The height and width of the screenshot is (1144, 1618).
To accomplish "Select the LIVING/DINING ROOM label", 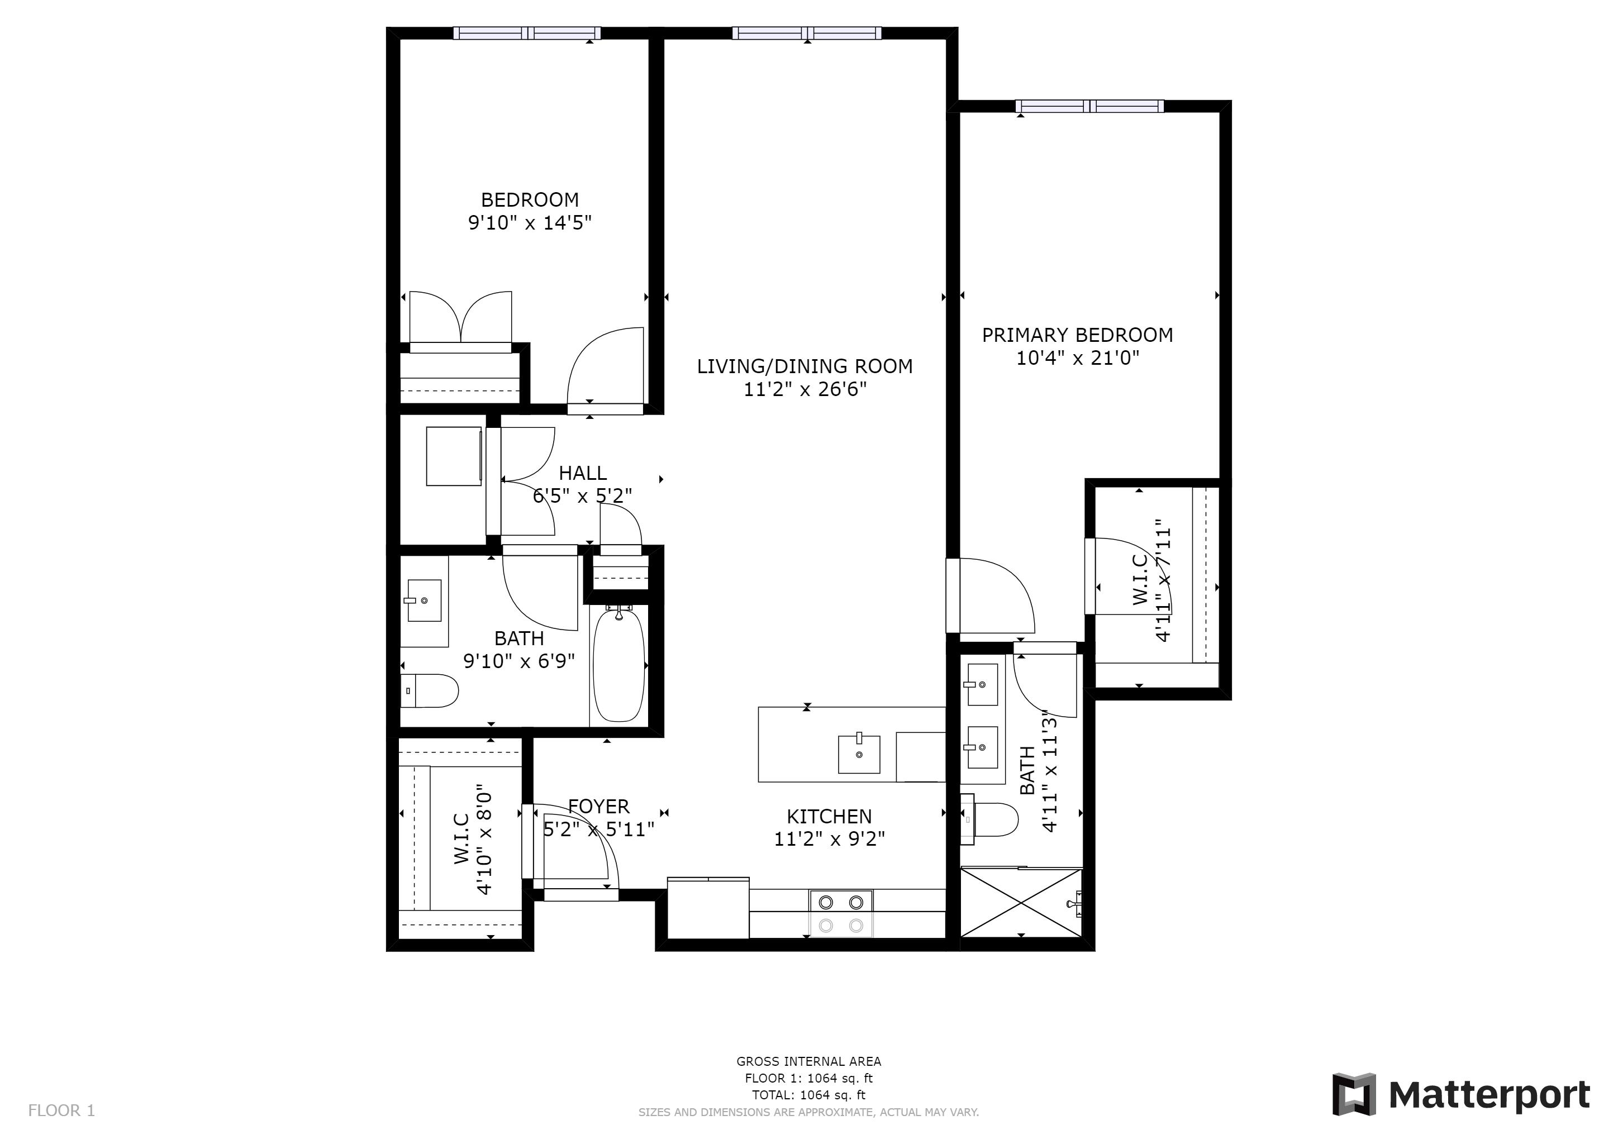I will point(804,366).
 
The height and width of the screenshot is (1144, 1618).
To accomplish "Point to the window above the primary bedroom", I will point(1089,106).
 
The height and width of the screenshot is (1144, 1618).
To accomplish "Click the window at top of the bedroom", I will point(526,33).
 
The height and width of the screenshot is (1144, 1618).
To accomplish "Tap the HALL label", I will point(582,473).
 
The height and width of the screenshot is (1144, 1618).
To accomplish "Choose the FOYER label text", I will point(598,807).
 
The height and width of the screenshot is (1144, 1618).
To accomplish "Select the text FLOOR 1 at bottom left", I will point(61,1111).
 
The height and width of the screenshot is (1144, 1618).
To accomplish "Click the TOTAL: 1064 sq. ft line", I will point(808,1095).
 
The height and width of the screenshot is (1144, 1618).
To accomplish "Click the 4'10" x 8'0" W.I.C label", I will point(472,840).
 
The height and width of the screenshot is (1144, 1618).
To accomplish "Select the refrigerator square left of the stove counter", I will point(707,909).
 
